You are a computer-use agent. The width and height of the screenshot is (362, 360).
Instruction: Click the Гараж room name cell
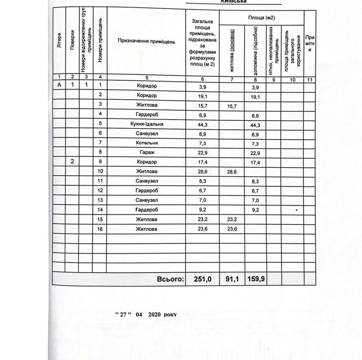[147, 153]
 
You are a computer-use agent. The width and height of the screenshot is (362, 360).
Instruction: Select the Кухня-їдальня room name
[147, 124]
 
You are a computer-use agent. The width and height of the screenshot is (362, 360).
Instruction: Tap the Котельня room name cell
[147, 143]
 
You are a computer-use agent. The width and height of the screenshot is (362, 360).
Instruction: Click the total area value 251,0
[202, 279]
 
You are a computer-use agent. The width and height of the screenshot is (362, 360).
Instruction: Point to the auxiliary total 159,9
[255, 279]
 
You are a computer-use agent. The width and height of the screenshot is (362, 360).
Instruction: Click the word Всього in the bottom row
[170, 279]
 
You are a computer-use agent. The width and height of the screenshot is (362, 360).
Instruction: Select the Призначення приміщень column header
[147, 41]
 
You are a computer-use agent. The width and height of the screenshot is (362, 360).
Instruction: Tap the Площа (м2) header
[261, 18]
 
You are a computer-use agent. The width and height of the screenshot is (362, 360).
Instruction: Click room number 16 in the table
[101, 229]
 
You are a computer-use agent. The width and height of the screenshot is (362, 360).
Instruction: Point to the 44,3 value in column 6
[202, 124]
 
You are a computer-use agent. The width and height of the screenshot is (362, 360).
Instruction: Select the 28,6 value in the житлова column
[231, 171]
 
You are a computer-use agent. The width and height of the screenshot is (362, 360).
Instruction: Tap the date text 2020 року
[162, 315]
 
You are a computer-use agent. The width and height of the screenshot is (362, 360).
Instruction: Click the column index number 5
[147, 78]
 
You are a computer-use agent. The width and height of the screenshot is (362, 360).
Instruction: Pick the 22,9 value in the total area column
[202, 153]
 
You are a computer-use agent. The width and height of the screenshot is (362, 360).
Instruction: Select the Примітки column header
[310, 43]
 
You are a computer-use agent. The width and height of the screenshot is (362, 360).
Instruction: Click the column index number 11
[310, 79]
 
